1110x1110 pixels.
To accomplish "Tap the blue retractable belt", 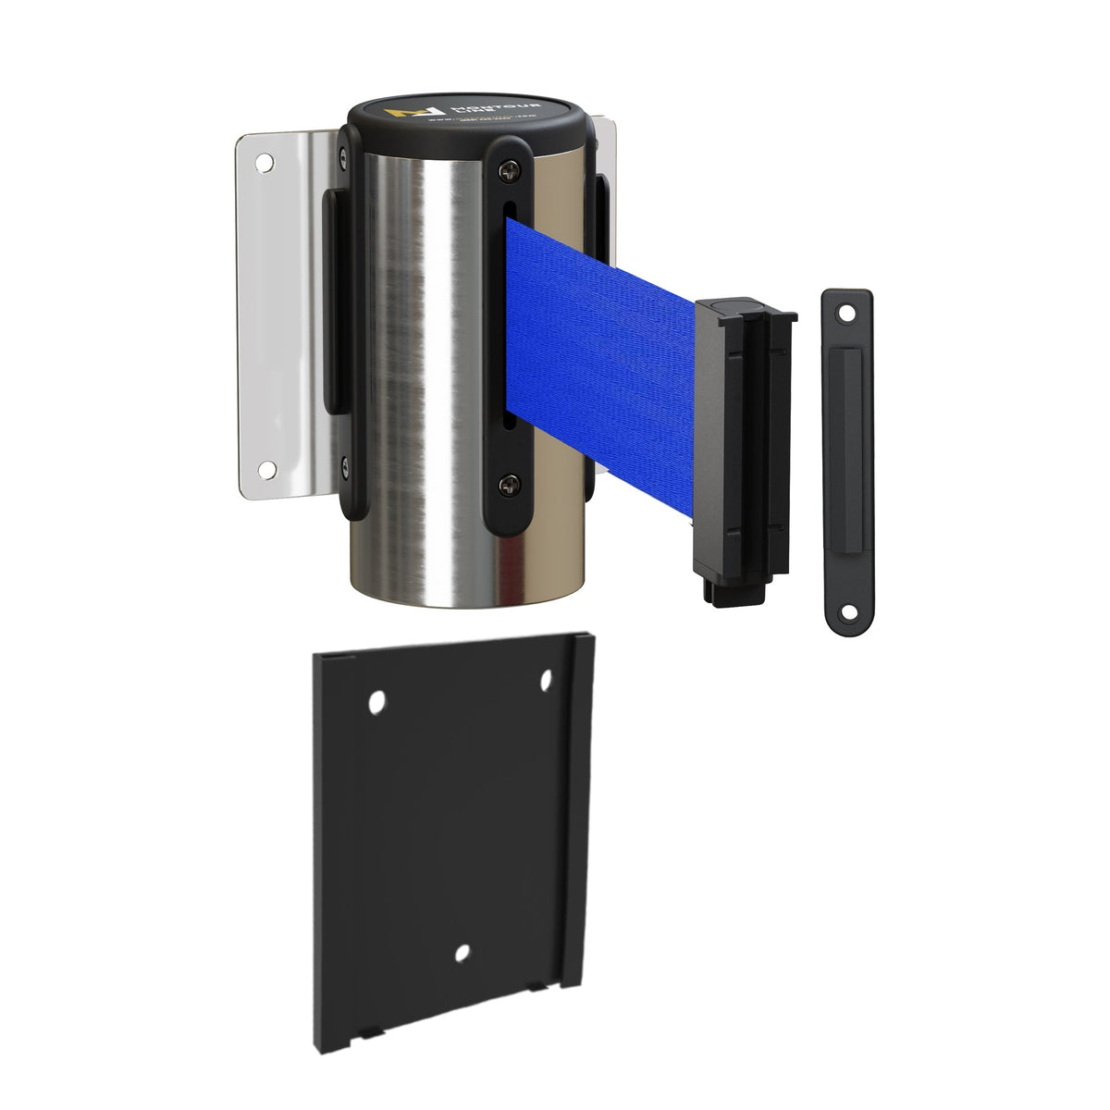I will click(601, 370).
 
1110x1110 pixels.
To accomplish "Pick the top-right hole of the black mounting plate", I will click(545, 683).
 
